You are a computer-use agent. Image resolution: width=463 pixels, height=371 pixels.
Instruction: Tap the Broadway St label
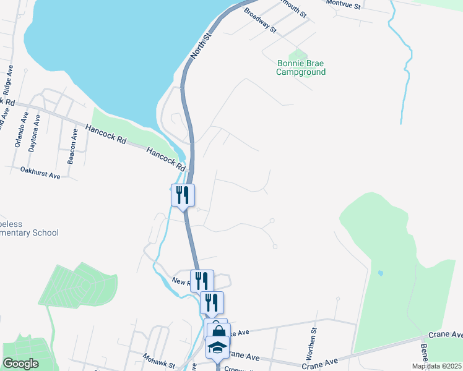point(259,19)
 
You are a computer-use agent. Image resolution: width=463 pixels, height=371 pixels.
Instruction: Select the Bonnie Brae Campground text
point(301,67)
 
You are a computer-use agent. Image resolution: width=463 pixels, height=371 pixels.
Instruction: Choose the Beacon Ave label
point(72,147)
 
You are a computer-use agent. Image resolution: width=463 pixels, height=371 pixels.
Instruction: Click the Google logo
point(20,364)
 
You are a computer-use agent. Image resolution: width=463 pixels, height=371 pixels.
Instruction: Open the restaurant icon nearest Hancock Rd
point(183,195)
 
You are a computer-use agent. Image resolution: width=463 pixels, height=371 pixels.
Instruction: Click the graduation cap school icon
point(217,347)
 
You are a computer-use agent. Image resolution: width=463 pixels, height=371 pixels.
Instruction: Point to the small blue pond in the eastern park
point(380,273)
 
